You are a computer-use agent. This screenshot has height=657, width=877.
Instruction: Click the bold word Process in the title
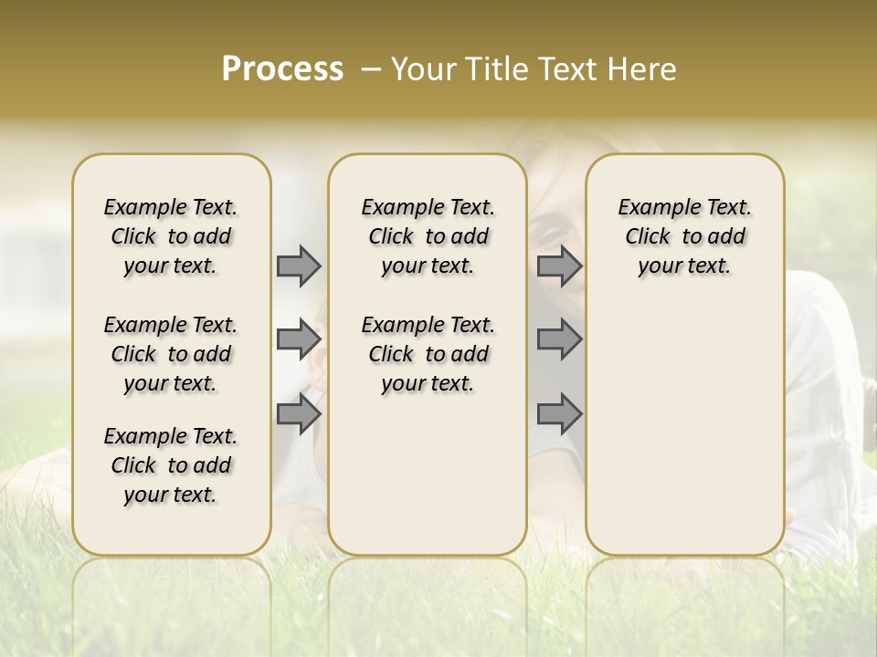(282, 69)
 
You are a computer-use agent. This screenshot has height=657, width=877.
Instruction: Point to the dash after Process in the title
(370, 70)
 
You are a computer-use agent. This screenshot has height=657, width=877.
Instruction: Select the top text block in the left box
(171, 236)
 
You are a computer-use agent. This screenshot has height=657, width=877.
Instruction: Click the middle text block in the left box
(171, 354)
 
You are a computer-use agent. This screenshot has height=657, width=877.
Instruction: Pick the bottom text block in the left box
(171, 465)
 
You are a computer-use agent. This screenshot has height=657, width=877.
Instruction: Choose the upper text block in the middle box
(428, 236)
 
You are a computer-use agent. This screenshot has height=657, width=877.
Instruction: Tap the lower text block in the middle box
(428, 354)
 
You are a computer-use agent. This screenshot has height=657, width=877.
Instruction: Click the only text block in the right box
(684, 236)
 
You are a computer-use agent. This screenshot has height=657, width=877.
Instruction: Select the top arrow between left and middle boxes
(299, 266)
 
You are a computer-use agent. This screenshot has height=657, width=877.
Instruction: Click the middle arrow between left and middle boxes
(299, 339)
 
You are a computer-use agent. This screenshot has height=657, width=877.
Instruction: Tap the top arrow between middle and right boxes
(559, 266)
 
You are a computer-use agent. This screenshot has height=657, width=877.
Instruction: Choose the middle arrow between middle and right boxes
(559, 339)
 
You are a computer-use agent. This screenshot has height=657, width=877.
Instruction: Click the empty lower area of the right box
(684, 429)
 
